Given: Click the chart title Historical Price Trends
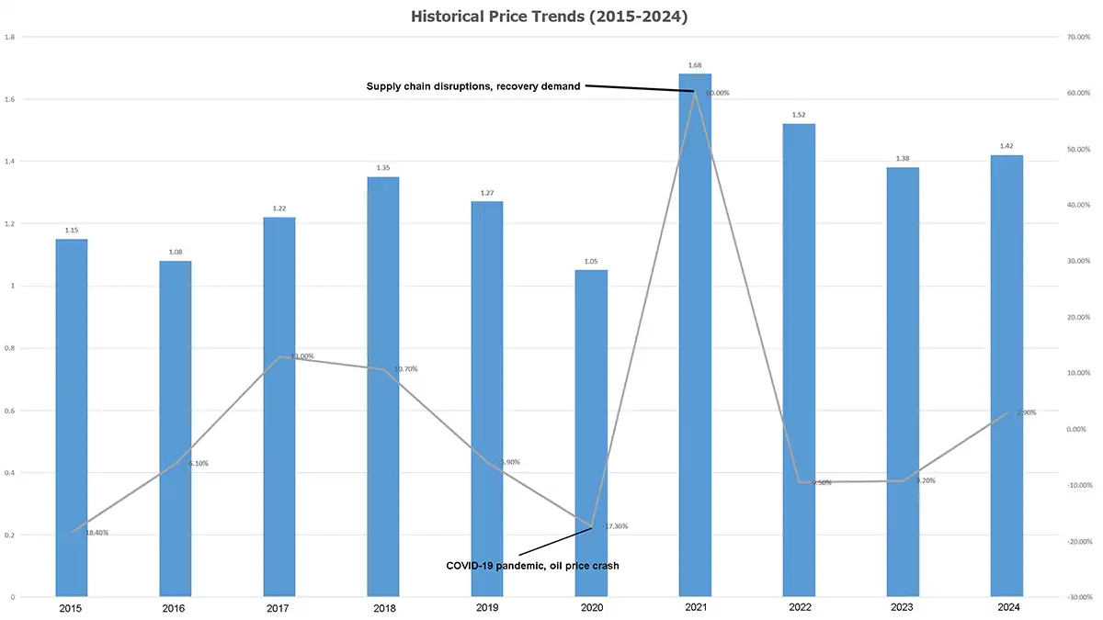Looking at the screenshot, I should click(x=551, y=16).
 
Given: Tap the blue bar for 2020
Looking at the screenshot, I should click(x=591, y=441).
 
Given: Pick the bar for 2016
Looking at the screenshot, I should click(x=176, y=432).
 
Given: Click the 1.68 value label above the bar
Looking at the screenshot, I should click(x=695, y=65).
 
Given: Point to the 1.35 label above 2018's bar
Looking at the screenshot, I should click(x=383, y=168).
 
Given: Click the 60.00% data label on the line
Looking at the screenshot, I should click(x=718, y=93).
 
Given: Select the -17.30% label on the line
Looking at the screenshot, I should click(x=614, y=526).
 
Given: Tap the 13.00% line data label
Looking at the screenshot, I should click(x=302, y=356).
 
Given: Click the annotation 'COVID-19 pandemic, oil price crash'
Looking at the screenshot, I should click(x=532, y=566).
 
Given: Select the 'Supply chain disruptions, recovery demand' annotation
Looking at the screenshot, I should click(x=473, y=86).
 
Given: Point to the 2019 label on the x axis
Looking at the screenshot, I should click(x=487, y=608).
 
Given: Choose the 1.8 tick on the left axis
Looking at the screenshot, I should click(x=9, y=38).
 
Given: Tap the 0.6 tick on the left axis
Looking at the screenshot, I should click(x=9, y=411).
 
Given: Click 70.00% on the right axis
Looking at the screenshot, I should click(x=1079, y=38).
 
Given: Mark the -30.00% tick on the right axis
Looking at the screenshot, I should click(x=1078, y=598).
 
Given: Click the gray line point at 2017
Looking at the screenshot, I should click(x=279, y=357).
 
